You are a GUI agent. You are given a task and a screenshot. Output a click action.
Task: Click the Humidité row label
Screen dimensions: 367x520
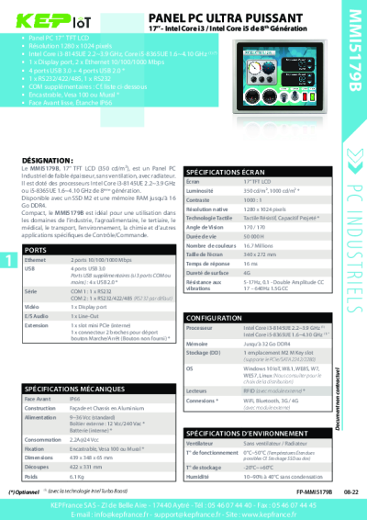pyautogui.click(x=202, y=477)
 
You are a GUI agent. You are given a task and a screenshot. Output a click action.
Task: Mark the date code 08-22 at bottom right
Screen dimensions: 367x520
pyautogui.click(x=338, y=492)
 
